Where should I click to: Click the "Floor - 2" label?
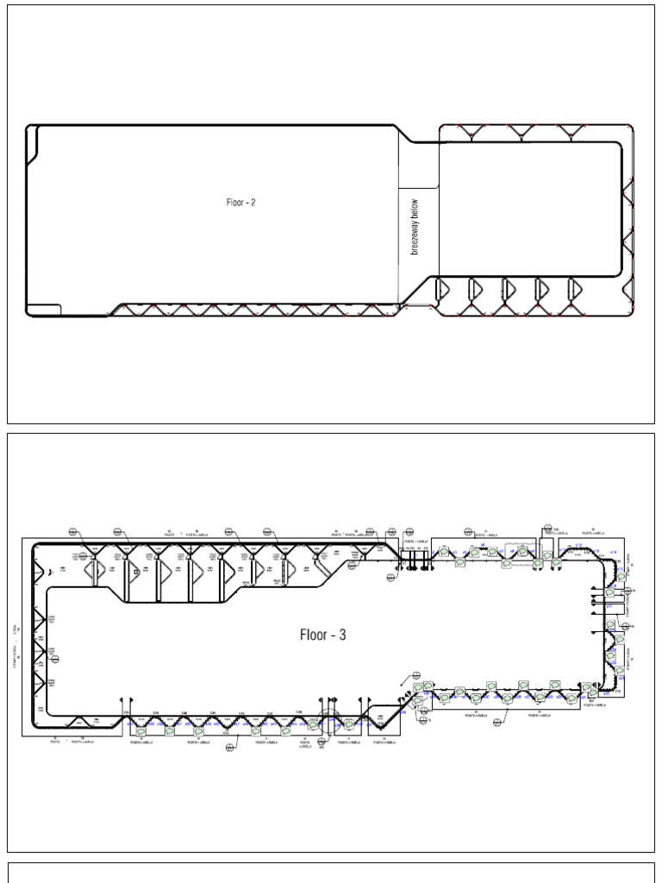pos(241,203)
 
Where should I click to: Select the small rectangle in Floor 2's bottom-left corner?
pos(44,310)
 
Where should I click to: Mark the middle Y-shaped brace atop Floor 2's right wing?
pos(521,131)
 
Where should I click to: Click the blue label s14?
pos(614,551)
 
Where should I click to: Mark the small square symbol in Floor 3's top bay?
pos(136,571)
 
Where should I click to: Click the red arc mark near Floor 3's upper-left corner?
pos(53,571)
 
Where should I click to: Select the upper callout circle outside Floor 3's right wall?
pos(632,590)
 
